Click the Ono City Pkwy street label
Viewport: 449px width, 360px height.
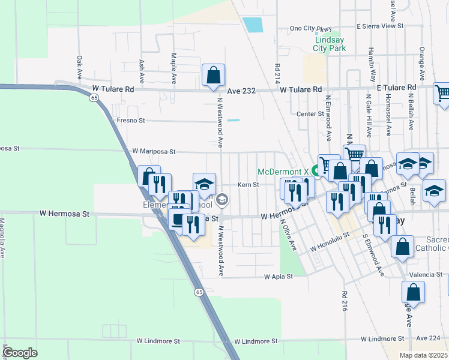tap(310, 28)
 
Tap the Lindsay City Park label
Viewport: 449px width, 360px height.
tap(330, 44)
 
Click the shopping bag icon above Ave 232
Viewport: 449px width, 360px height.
tap(213, 76)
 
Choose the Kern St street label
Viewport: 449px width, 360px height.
tap(248, 185)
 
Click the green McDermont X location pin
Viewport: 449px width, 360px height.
tap(314, 172)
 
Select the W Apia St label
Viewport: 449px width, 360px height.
tap(278, 277)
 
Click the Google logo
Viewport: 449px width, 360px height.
tap(20, 353)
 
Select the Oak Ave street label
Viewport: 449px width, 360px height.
tap(79, 68)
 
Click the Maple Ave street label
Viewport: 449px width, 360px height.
tap(173, 68)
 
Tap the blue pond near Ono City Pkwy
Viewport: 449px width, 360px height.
tap(253, 25)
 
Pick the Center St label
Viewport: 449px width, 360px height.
tap(310, 113)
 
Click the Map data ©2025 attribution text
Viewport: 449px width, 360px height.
tap(423, 355)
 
